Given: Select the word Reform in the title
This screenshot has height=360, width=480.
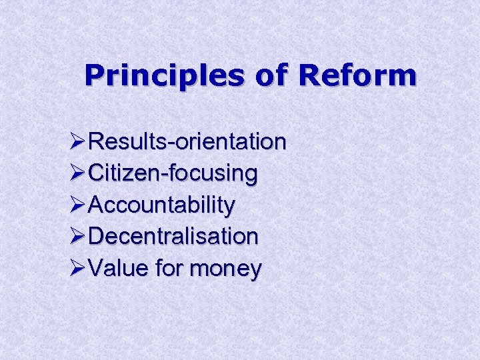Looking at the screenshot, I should [x=357, y=76].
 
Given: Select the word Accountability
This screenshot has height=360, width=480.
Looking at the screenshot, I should [x=161, y=206].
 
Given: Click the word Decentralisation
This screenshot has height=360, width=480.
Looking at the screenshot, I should [x=173, y=237].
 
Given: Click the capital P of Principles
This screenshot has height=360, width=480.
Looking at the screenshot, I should [x=94, y=76].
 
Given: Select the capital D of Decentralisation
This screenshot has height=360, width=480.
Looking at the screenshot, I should [x=96, y=237].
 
